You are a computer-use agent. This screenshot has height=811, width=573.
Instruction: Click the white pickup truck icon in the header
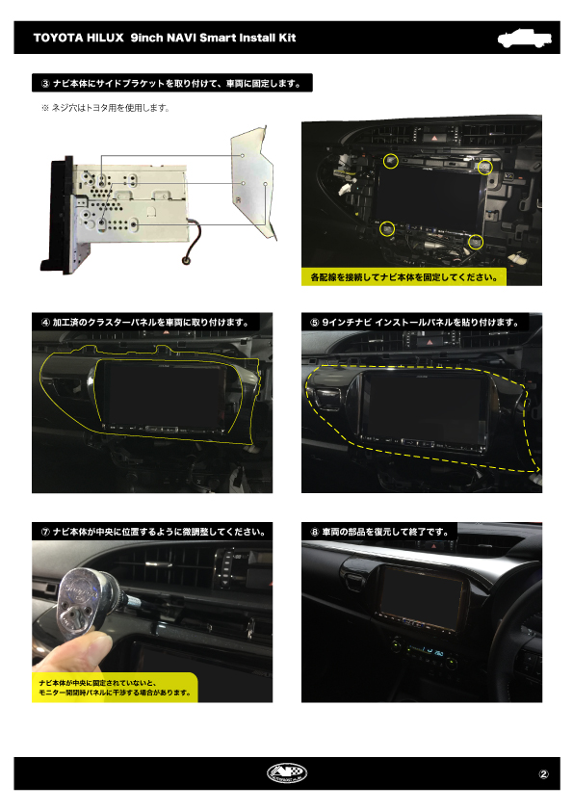524,39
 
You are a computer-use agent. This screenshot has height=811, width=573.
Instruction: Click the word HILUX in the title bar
105,38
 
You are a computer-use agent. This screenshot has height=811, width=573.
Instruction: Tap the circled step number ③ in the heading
45,83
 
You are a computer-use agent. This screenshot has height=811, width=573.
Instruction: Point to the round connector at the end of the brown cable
187,260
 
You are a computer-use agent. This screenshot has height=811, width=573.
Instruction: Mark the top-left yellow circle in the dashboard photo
390,161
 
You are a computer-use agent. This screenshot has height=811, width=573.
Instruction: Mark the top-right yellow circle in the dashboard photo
484,167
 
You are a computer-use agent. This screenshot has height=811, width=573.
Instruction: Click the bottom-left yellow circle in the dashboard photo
387,228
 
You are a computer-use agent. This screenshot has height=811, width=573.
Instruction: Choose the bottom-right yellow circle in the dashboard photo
476,242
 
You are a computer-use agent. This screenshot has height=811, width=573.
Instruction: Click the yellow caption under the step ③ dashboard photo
404,276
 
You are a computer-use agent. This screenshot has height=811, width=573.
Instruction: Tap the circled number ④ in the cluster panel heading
45,323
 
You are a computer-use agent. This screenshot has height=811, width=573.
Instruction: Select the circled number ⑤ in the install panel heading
315,323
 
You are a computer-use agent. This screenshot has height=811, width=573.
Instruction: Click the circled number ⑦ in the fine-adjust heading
45,532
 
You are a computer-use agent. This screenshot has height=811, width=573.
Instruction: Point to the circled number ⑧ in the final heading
315,532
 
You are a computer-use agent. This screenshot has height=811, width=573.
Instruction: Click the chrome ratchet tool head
83,599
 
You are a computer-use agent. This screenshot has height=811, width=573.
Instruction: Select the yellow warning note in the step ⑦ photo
115,688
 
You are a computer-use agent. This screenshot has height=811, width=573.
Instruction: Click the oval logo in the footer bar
287,773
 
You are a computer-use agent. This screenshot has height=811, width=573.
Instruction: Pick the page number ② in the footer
543,774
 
